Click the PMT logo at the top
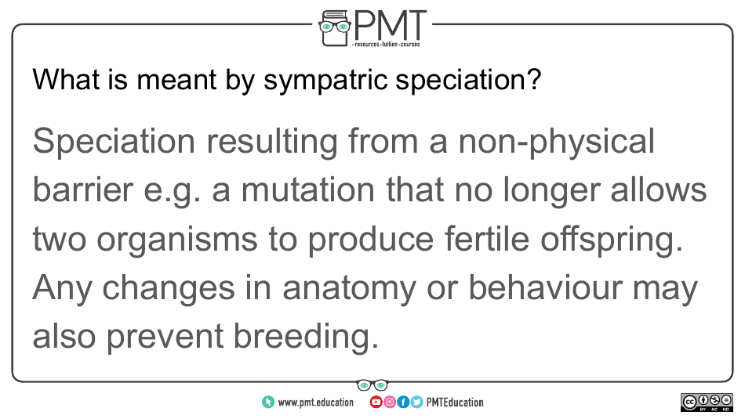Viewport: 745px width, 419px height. tap(372, 27)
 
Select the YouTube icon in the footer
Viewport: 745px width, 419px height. tap(376, 403)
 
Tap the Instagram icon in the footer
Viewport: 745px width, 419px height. tap(389, 403)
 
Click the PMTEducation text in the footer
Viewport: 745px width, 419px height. tap(455, 403)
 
